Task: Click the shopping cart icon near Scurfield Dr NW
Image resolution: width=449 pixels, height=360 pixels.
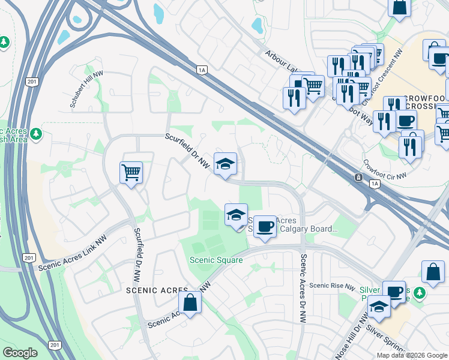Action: pos(131,173)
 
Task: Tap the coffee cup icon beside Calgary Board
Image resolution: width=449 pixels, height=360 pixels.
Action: pos(265,227)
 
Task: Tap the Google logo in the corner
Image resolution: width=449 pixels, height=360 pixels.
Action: pos(20,353)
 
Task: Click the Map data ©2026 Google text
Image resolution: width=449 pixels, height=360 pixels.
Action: pos(412,355)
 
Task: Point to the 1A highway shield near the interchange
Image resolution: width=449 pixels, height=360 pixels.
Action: pos(202,70)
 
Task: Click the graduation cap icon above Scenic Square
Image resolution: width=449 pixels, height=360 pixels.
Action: pos(236,214)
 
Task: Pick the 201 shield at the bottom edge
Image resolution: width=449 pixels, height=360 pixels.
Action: pos(55,345)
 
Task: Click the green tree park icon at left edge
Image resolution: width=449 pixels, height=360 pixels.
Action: pos(4,42)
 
